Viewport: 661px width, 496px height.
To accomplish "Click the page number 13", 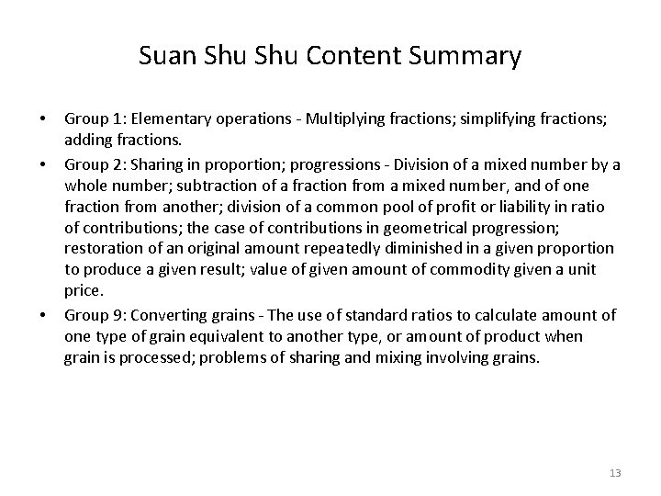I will tap(614, 472).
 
